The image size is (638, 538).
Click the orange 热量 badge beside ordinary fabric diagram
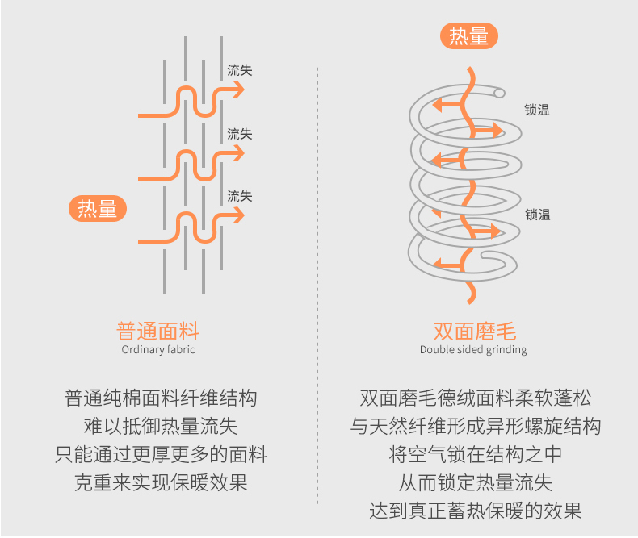[98, 208]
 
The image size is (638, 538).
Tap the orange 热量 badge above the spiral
[468, 36]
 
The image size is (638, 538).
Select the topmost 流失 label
[240, 70]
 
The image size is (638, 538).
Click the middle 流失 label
[240, 133]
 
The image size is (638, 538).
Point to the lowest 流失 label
[240, 196]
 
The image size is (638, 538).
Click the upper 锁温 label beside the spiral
[537, 111]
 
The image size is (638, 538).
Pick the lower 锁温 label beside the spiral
[537, 215]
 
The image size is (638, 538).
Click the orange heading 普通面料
[158, 331]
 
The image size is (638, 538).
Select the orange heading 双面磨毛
[474, 331]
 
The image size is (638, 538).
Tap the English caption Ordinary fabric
[158, 350]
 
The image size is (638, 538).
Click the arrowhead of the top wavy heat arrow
[238, 90]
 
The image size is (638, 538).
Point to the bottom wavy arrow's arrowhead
[238, 216]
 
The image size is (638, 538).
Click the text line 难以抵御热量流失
[161, 426]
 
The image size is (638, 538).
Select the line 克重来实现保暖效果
[161, 482]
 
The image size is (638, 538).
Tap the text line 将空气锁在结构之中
[476, 454]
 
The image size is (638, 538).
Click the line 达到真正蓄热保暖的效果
[476, 511]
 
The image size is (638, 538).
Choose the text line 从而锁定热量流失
[476, 482]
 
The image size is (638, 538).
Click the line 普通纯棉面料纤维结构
[161, 398]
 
